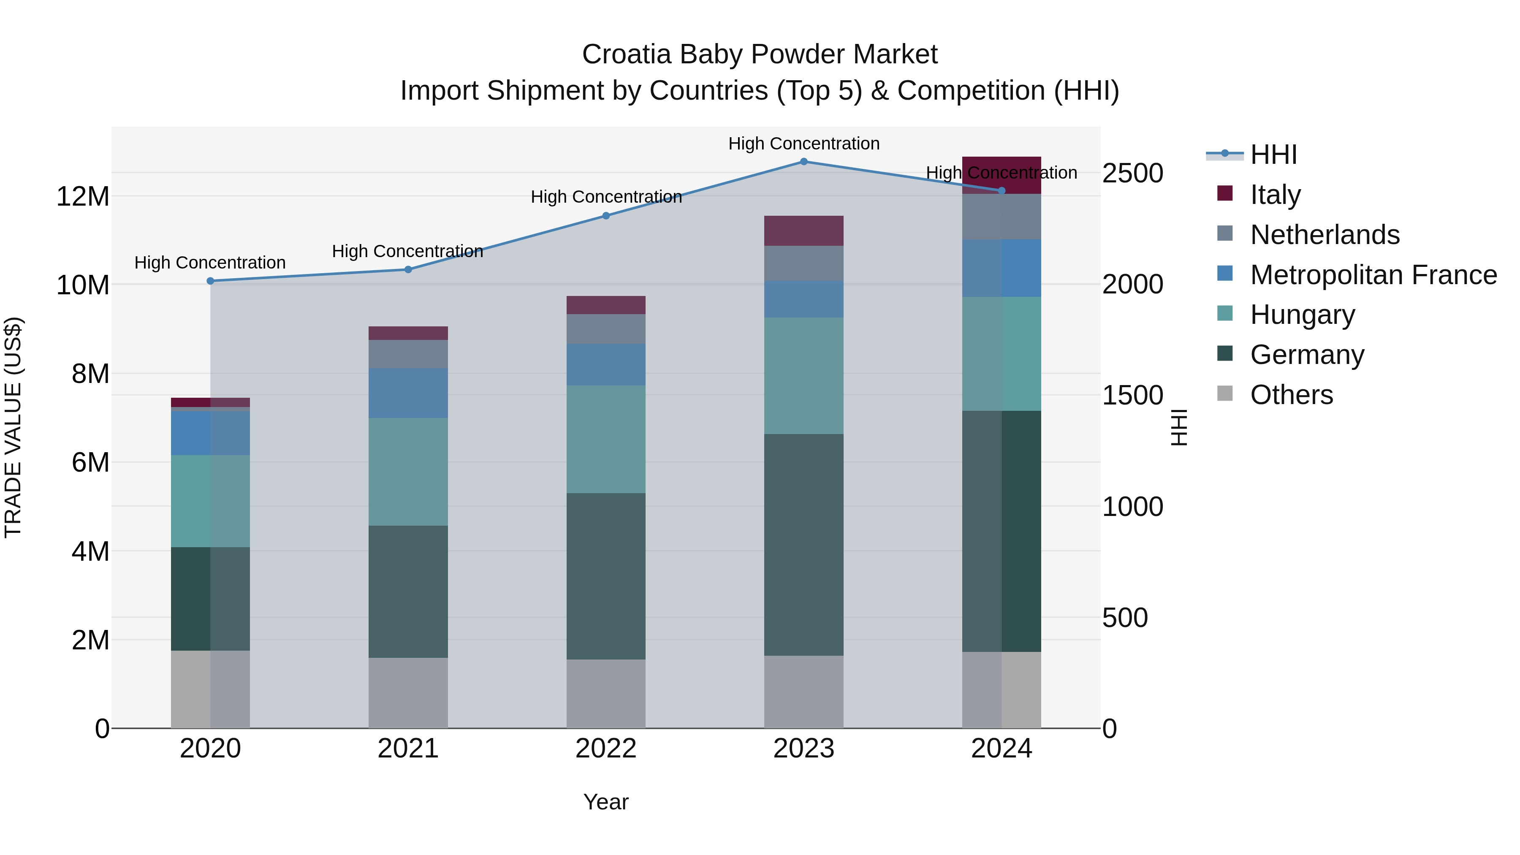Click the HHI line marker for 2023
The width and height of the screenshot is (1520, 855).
tap(803, 161)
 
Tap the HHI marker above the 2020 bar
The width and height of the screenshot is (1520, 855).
tap(210, 281)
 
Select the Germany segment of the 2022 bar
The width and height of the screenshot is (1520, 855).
tap(606, 576)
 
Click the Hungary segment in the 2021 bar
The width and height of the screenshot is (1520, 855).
tap(408, 472)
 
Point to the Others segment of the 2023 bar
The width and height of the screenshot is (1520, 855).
tap(803, 692)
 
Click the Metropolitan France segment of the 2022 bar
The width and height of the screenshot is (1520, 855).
tap(606, 365)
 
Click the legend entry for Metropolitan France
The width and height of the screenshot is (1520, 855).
tap(1373, 275)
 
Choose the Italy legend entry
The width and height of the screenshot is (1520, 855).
tap(1275, 195)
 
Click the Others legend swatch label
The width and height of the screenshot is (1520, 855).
tap(1291, 395)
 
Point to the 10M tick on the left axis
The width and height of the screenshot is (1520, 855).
tap(83, 285)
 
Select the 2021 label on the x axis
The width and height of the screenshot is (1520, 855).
tap(408, 749)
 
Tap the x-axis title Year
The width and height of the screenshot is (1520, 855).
tap(606, 802)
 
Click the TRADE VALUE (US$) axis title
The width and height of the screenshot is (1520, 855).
tap(13, 427)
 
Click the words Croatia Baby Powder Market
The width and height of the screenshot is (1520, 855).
tap(760, 54)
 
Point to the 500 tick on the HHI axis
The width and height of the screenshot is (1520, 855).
tap(1125, 618)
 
